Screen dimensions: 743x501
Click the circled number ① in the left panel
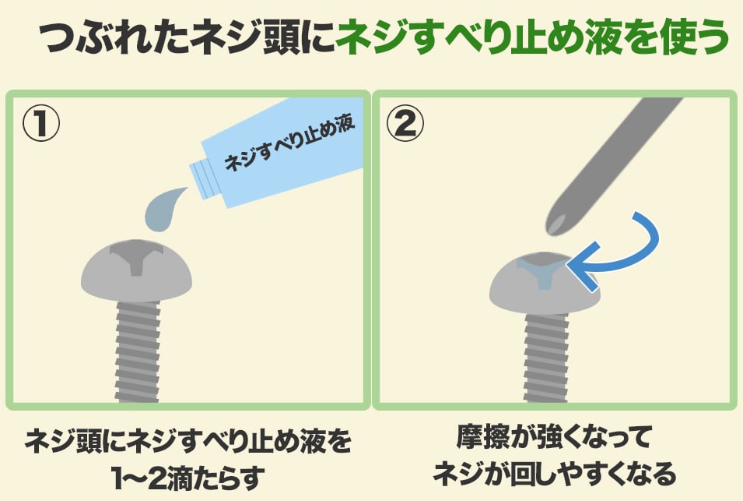(41, 123)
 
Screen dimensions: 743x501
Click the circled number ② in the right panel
(405, 123)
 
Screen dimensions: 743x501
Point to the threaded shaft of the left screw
(138, 352)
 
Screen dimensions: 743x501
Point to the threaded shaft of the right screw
(546, 358)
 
